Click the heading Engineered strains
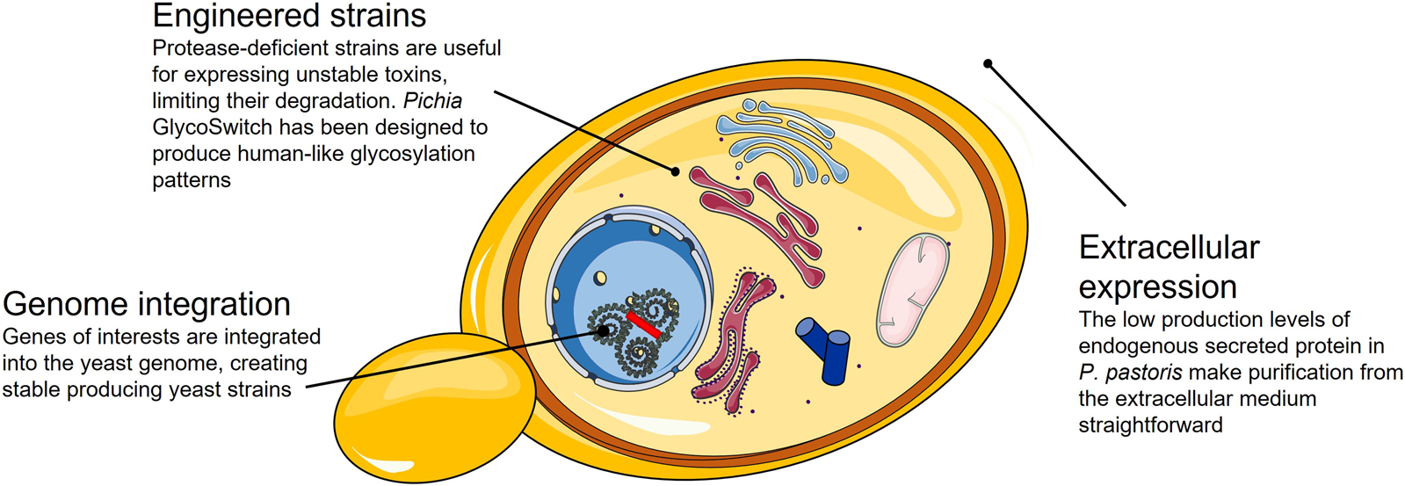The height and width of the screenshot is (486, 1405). pos(289,16)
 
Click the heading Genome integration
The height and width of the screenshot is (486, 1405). pos(147,304)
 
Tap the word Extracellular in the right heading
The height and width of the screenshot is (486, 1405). pos(1169,248)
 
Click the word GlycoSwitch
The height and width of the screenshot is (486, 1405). pos(214,127)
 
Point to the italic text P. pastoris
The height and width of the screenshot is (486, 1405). pos(1130,373)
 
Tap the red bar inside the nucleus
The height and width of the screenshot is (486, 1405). pos(643,323)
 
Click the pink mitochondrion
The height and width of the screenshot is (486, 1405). pos(913,289)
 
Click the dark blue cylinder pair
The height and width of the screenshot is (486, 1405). pos(826,348)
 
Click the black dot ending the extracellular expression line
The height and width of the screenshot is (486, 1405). pos(988,63)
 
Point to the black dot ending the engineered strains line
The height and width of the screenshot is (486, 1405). pos(675,171)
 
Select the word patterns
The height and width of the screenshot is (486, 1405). pos(192,180)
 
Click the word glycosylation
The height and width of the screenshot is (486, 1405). pos(412,154)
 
